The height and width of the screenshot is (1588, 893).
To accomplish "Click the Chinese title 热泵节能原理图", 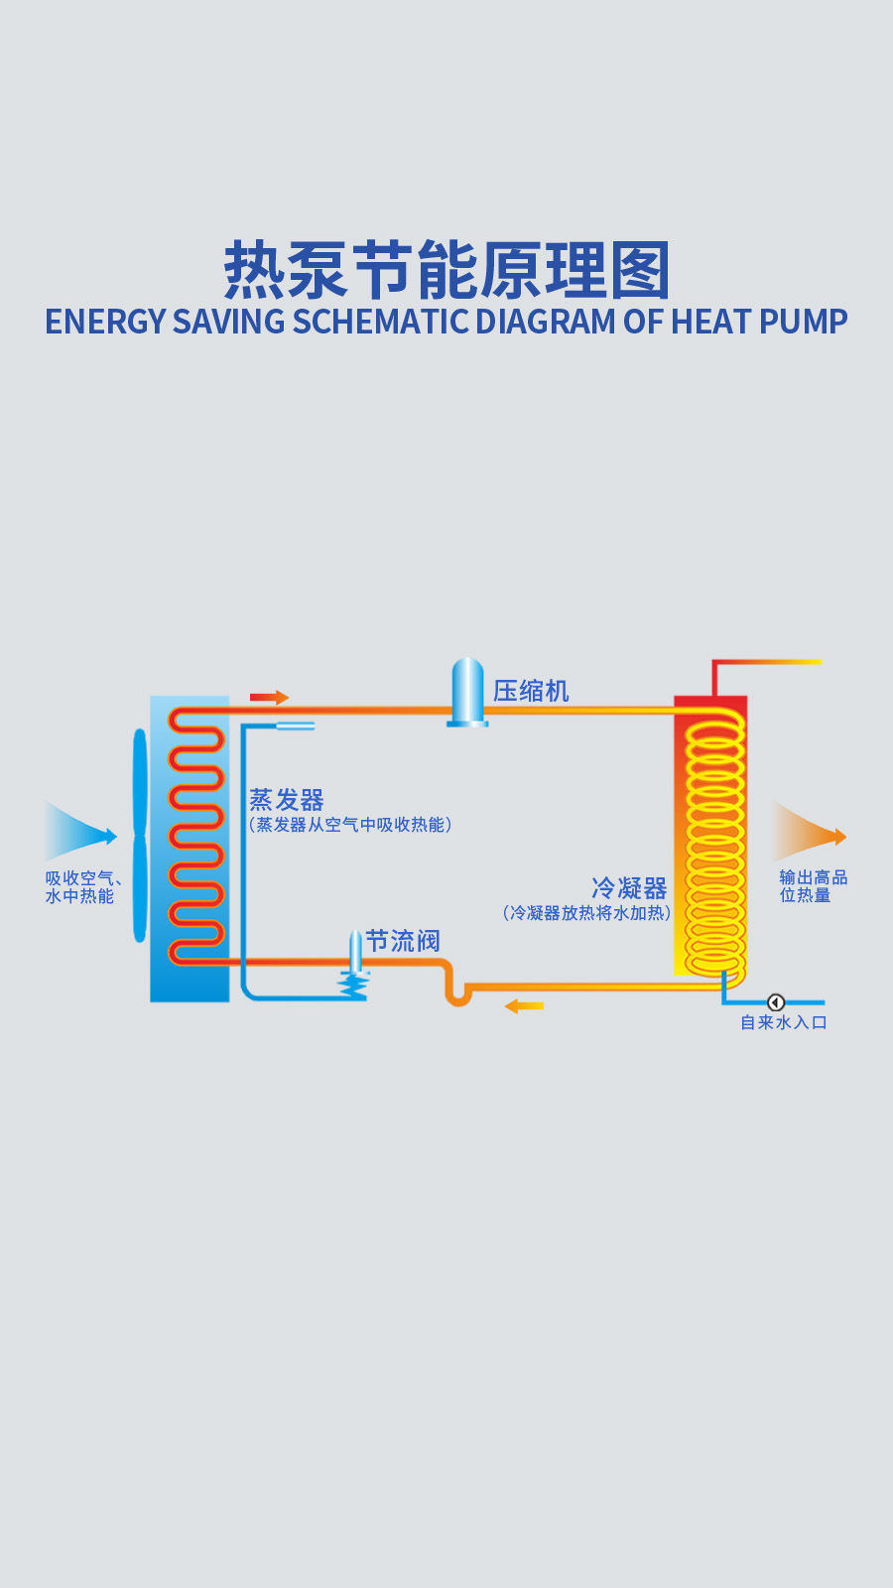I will click(446, 270).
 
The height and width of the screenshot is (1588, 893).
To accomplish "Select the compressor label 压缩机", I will click(531, 691).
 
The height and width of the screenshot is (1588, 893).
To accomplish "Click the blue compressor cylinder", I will click(467, 691).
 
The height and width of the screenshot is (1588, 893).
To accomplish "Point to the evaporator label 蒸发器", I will click(287, 800).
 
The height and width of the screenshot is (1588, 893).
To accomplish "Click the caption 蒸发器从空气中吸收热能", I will click(350, 825).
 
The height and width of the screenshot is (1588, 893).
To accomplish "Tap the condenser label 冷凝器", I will click(629, 887).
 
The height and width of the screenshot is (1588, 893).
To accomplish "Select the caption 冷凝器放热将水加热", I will click(586, 913).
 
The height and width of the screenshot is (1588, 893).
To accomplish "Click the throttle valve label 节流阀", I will click(403, 940).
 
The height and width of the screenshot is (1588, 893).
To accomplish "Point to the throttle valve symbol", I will click(354, 968).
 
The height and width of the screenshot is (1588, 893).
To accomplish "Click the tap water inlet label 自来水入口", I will click(784, 1022).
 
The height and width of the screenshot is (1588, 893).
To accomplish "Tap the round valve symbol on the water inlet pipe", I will click(776, 1002).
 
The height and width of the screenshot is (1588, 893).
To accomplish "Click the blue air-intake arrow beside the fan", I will click(80, 834).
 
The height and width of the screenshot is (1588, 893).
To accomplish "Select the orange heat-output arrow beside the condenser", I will click(808, 834).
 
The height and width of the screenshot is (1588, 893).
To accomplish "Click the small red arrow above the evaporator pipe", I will click(269, 698).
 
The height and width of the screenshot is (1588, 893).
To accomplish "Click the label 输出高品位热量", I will click(813, 886).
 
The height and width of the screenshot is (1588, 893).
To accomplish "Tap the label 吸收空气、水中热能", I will click(82, 887).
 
